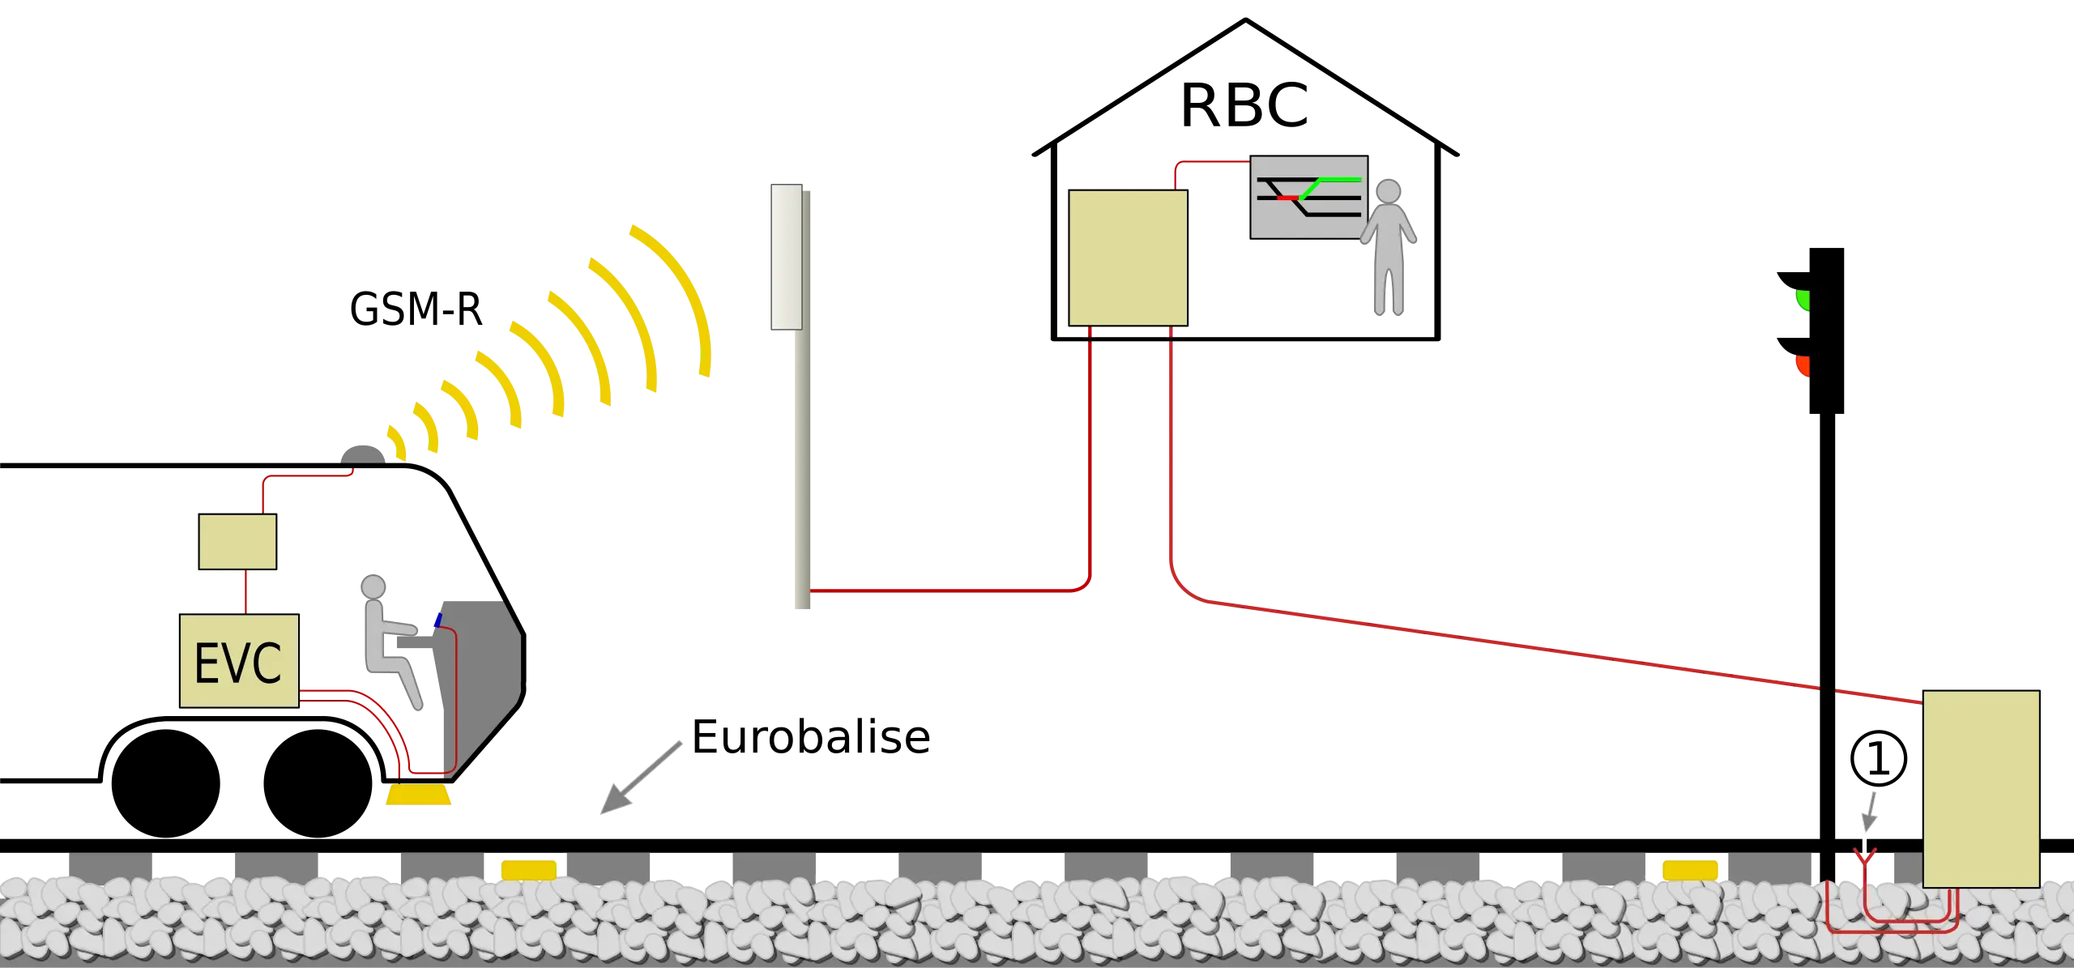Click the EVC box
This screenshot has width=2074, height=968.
point(238,661)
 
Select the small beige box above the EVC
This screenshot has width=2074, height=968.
point(237,541)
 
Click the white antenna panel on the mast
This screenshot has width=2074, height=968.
point(786,256)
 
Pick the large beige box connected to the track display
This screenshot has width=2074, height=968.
point(1128,258)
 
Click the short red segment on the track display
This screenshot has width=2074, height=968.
point(1287,198)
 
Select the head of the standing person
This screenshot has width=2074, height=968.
point(1389,192)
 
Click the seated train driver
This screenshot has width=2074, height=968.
point(389,640)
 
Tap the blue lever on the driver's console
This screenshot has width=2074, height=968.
point(438,620)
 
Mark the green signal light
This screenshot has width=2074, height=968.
point(1803,301)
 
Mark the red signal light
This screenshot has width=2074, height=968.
point(1803,366)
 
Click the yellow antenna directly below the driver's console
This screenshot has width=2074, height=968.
point(418,795)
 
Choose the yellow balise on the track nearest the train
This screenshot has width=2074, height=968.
point(528,869)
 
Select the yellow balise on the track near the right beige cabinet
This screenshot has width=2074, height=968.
point(1690,870)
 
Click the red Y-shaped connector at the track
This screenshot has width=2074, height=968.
point(1865,855)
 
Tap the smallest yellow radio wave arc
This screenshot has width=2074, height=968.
point(396,441)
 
